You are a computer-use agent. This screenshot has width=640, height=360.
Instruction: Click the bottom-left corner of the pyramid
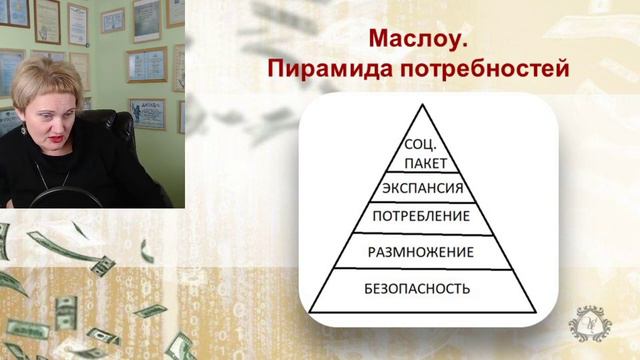tap(310, 310)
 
